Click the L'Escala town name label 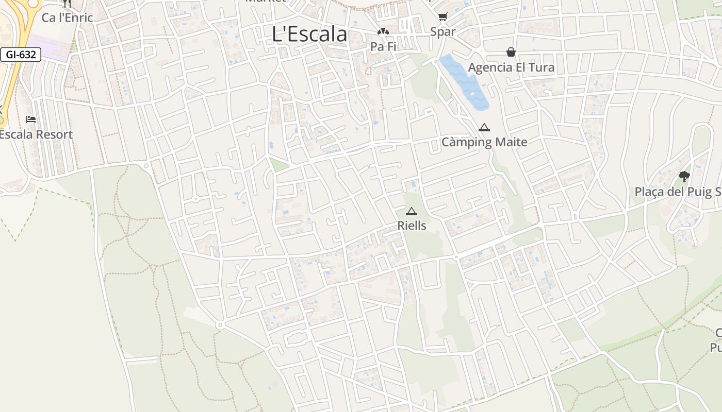pyautogui.click(x=309, y=34)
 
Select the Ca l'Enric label pyautogui.click(x=67, y=18)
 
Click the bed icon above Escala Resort pyautogui.click(x=31, y=119)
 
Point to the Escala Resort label pyautogui.click(x=36, y=134)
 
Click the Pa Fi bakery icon pyautogui.click(x=383, y=32)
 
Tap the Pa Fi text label pyautogui.click(x=383, y=46)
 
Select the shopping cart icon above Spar pyautogui.click(x=442, y=17)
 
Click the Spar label pyautogui.click(x=443, y=32)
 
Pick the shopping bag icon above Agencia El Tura pyautogui.click(x=511, y=52)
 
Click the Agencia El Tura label pyautogui.click(x=511, y=67)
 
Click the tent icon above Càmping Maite pyautogui.click(x=484, y=127)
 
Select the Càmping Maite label pyautogui.click(x=484, y=142)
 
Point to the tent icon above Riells pyautogui.click(x=411, y=211)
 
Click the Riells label pyautogui.click(x=412, y=226)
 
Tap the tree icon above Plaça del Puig pyautogui.click(x=684, y=177)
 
